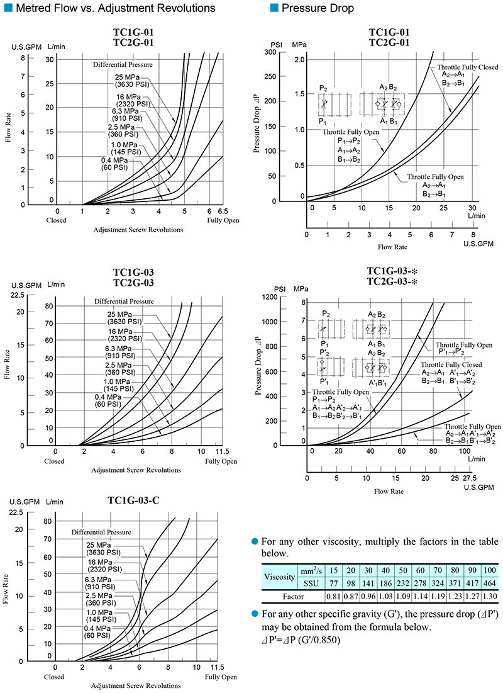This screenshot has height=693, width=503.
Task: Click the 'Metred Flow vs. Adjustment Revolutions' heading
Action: click(113, 8)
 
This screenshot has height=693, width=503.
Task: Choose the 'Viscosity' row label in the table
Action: click(279, 577)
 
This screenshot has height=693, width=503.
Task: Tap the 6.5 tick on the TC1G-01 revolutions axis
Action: click(222, 211)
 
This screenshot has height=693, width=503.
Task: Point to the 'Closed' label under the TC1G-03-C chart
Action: click(55, 677)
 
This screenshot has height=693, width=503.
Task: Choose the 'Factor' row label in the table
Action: click(292, 595)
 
